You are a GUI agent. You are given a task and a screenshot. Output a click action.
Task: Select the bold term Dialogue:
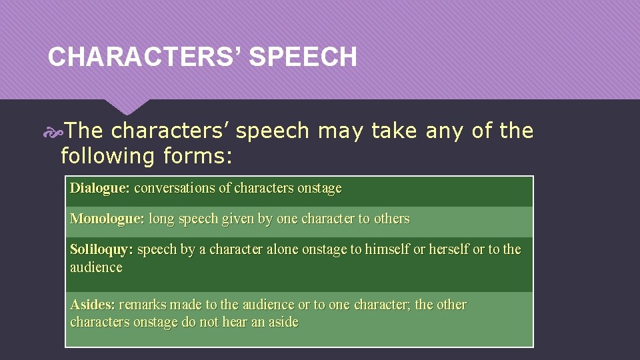pyautogui.click(x=99, y=188)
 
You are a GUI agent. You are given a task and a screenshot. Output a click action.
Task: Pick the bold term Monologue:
pyautogui.click(x=107, y=219)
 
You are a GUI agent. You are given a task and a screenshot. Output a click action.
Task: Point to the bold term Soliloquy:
pyautogui.click(x=101, y=249)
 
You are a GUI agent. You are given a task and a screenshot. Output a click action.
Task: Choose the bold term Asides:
pyautogui.click(x=92, y=305)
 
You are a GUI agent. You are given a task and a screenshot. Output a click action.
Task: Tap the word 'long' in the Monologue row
pyautogui.click(x=160, y=219)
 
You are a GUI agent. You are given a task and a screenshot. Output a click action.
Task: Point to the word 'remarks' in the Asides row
pyautogui.click(x=143, y=305)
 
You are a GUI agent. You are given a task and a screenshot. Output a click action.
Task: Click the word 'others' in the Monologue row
pyautogui.click(x=391, y=219)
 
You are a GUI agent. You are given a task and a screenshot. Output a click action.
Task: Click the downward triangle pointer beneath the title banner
pyautogui.click(x=127, y=105)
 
